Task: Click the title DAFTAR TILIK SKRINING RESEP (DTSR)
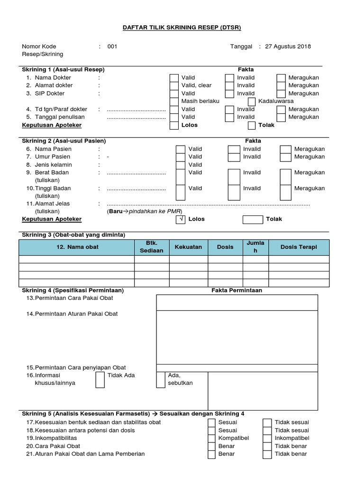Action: (182, 28)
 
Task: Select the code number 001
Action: (112, 47)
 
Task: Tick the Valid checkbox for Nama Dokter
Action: (174, 78)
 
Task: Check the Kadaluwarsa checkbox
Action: (252, 102)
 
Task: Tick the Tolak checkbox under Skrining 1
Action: (252, 125)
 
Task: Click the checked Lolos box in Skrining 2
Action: (180, 219)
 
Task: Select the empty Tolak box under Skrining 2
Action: (252, 219)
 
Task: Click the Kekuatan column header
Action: (188, 247)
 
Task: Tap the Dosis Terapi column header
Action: (299, 247)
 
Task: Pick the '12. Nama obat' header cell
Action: (77, 247)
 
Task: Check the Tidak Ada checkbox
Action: (100, 380)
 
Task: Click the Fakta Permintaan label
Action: (237, 290)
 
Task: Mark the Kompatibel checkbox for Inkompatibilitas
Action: (212, 438)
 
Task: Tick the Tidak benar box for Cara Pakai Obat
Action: (267, 446)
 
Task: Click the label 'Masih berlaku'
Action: (200, 102)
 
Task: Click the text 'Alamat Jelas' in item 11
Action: (53, 204)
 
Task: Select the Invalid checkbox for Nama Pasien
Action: (234, 149)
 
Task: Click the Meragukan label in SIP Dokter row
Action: (303, 93)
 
